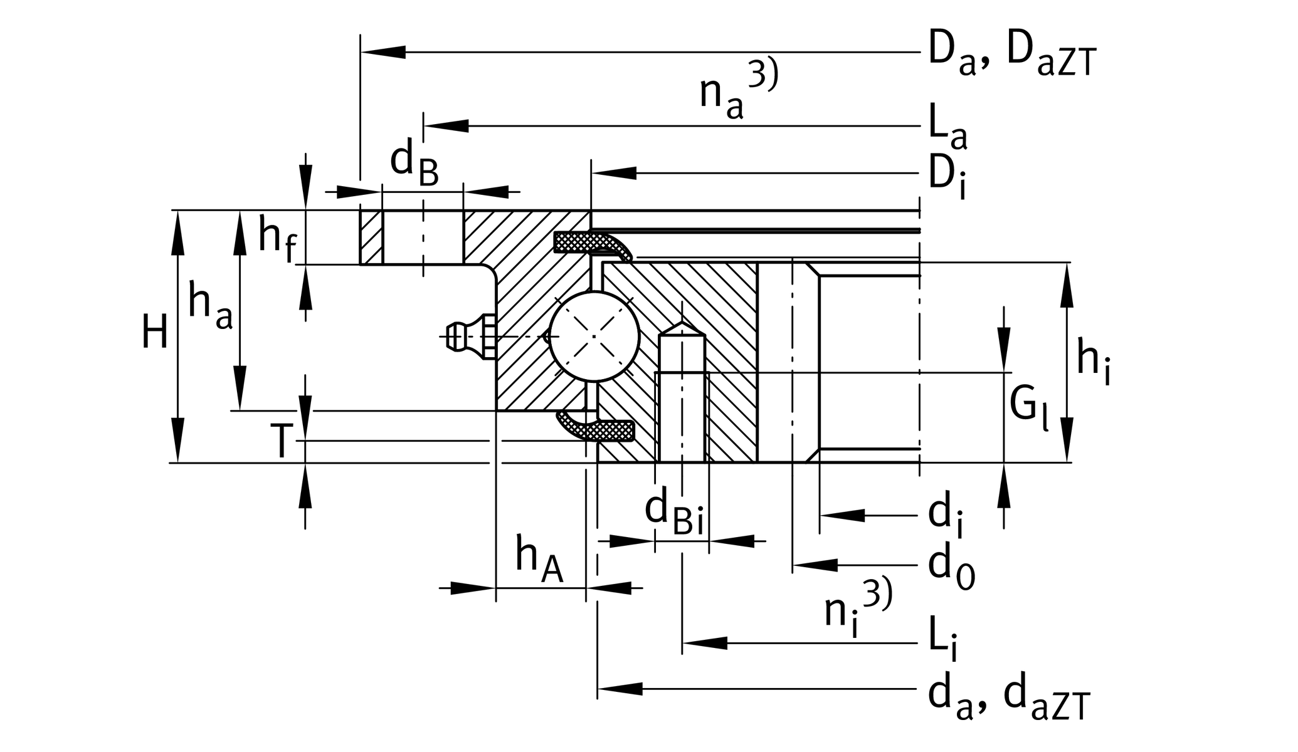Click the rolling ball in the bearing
point(594,337)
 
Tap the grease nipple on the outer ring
point(467,337)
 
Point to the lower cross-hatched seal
point(602,429)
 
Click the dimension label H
point(154,333)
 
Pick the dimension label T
point(282,441)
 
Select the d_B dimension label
point(414,163)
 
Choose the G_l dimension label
point(1028,407)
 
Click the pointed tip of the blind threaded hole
point(682,323)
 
